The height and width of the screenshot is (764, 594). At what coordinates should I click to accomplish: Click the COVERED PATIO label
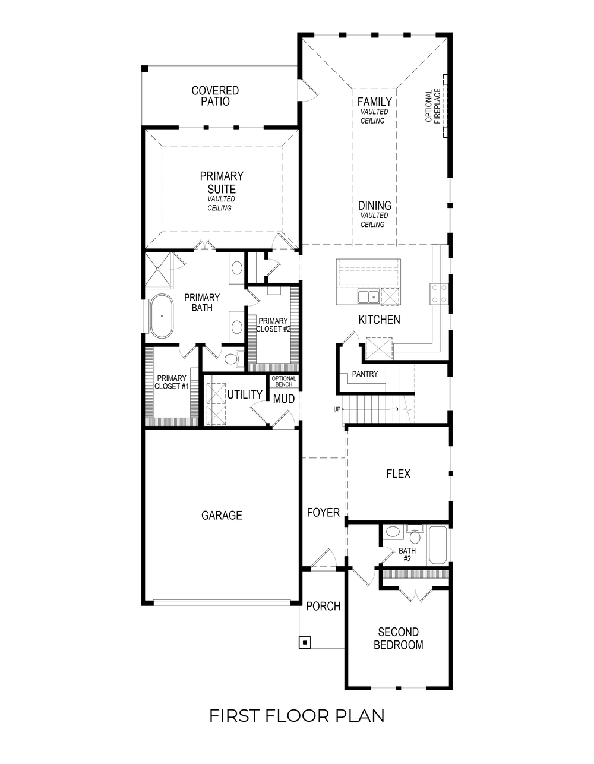click(215, 96)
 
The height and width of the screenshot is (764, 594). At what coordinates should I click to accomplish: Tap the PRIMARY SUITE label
click(221, 182)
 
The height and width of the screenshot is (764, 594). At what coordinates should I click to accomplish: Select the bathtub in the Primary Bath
click(161, 316)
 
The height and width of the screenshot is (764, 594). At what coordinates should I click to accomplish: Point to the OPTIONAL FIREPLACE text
click(433, 106)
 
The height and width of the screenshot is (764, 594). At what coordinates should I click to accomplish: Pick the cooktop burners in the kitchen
click(439, 292)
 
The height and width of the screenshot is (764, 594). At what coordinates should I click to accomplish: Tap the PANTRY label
click(365, 374)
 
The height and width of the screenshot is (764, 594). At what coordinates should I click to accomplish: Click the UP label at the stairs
click(337, 409)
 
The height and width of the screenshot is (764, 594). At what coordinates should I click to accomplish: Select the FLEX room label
click(398, 473)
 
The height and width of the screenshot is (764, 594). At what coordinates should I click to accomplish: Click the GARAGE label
click(222, 515)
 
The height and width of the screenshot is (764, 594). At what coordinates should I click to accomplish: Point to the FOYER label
click(323, 512)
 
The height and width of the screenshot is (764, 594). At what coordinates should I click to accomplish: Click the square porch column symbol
click(304, 642)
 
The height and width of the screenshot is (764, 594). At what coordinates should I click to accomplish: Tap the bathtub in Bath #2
click(438, 545)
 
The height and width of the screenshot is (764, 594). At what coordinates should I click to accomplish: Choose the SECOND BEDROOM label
click(398, 638)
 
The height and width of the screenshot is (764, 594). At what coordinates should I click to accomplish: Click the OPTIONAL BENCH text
click(283, 381)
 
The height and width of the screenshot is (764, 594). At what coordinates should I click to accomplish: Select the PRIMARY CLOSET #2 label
click(273, 325)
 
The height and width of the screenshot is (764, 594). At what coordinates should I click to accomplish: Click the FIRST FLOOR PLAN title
click(296, 715)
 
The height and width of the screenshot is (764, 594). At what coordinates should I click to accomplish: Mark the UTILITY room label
click(245, 394)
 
